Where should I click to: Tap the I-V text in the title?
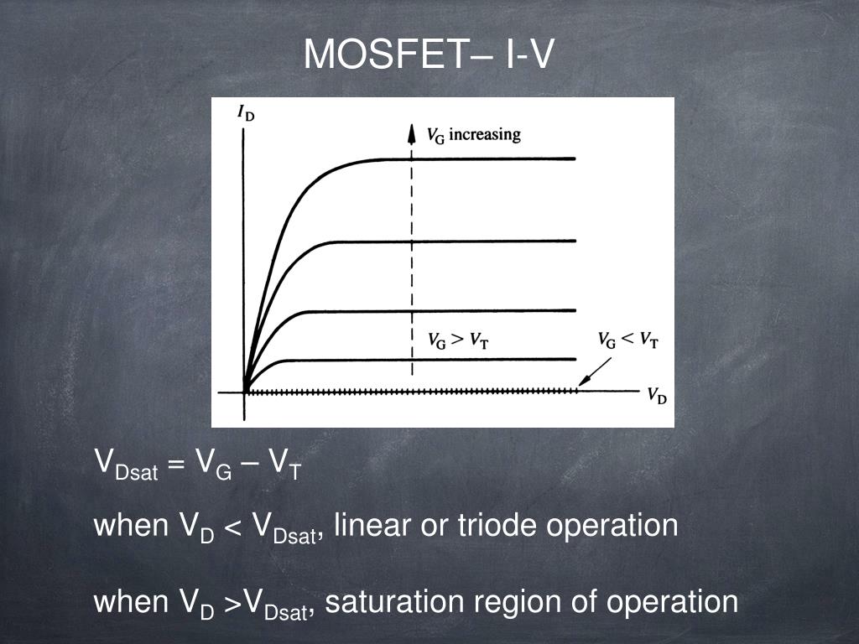(x=529, y=54)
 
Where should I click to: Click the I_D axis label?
(x=246, y=113)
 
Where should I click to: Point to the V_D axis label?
(x=657, y=395)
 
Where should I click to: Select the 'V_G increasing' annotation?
(x=474, y=135)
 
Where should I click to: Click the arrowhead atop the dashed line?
(x=411, y=133)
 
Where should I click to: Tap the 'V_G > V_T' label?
(x=458, y=340)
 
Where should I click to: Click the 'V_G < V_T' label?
(x=627, y=340)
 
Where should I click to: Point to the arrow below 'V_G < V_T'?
(x=595, y=371)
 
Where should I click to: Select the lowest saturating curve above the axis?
(x=427, y=360)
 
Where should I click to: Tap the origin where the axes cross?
(x=244, y=392)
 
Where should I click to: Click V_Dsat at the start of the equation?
(x=127, y=465)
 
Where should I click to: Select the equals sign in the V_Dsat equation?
(x=174, y=465)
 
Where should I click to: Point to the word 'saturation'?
(x=394, y=601)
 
